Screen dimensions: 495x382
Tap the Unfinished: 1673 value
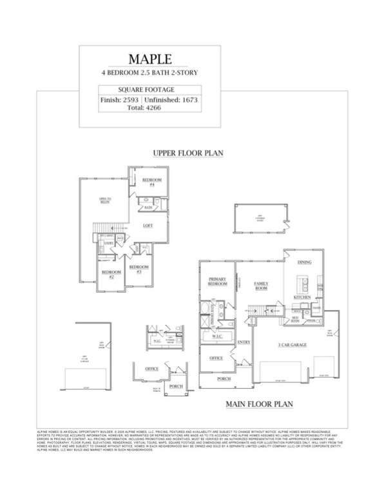[171, 101]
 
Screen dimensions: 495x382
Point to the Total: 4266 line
[149, 108]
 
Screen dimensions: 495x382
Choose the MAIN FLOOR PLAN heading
[259, 405]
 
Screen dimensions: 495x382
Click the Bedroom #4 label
[151, 181]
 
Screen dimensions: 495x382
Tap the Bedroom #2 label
[108, 274]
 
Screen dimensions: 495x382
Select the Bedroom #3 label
[138, 269]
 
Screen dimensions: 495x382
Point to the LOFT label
[147, 226]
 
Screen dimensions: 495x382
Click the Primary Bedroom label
[217, 282]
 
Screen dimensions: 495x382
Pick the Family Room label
[261, 285]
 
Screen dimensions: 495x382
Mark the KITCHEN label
[302, 297]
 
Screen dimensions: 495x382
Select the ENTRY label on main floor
[244, 342]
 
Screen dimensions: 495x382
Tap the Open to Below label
[105, 200]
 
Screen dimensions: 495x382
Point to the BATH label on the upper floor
[148, 208]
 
